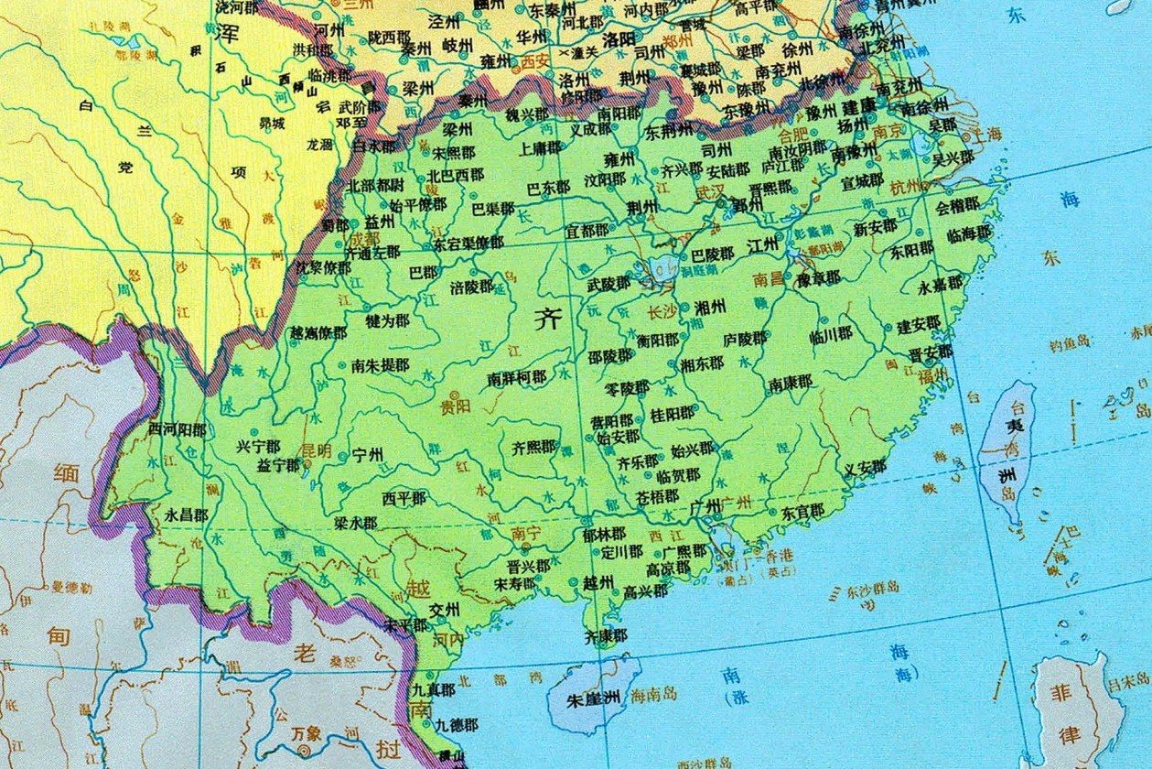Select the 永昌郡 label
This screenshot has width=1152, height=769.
coord(186,514)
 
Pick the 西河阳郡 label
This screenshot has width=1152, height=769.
coord(177,428)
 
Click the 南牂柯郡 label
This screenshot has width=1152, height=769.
coord(516,377)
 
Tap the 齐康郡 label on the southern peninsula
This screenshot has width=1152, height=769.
coord(606,635)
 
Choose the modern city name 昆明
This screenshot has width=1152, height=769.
coord(316,450)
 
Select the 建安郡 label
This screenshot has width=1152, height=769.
coord(919,324)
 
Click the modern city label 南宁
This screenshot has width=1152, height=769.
coord(527,532)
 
